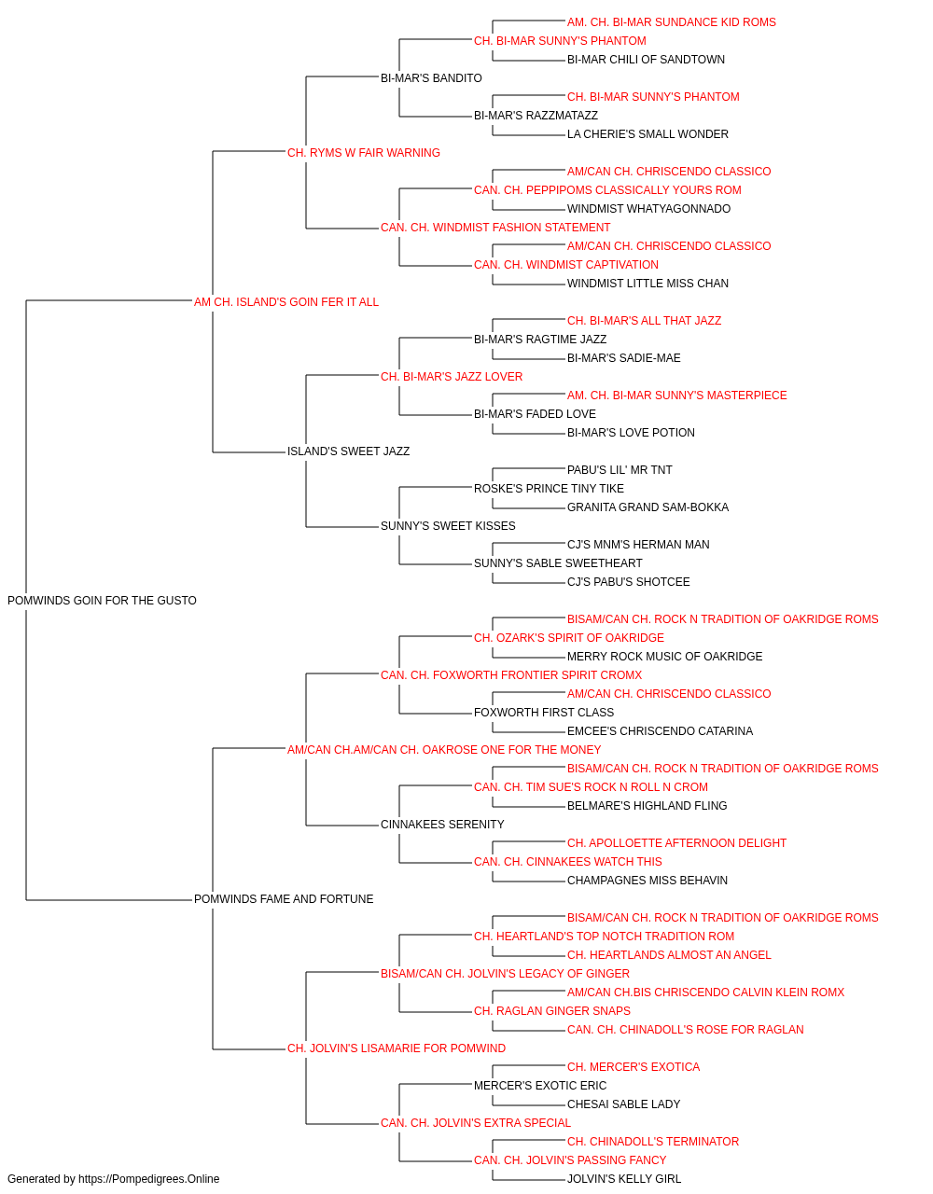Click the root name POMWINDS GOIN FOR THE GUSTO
point(102,600)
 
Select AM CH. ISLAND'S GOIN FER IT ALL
point(286,301)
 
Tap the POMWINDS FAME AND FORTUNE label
point(284,899)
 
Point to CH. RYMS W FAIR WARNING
point(364,153)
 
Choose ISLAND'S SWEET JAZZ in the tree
point(348,451)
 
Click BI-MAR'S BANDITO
point(431,78)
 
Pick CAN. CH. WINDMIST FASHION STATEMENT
point(495,228)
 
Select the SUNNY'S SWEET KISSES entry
point(448,526)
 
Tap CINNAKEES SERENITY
point(442,825)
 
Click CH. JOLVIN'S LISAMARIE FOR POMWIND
point(397,1048)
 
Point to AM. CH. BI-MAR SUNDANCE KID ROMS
point(672,22)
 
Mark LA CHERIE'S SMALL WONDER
point(648,134)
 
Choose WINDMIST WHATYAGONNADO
point(649,209)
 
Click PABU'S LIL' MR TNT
point(620,470)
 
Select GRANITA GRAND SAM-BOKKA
point(648,507)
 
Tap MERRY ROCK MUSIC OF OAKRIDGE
point(665,656)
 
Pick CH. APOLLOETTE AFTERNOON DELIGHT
point(677,843)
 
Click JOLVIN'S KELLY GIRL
point(624,1179)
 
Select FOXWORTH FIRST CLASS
point(544,712)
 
